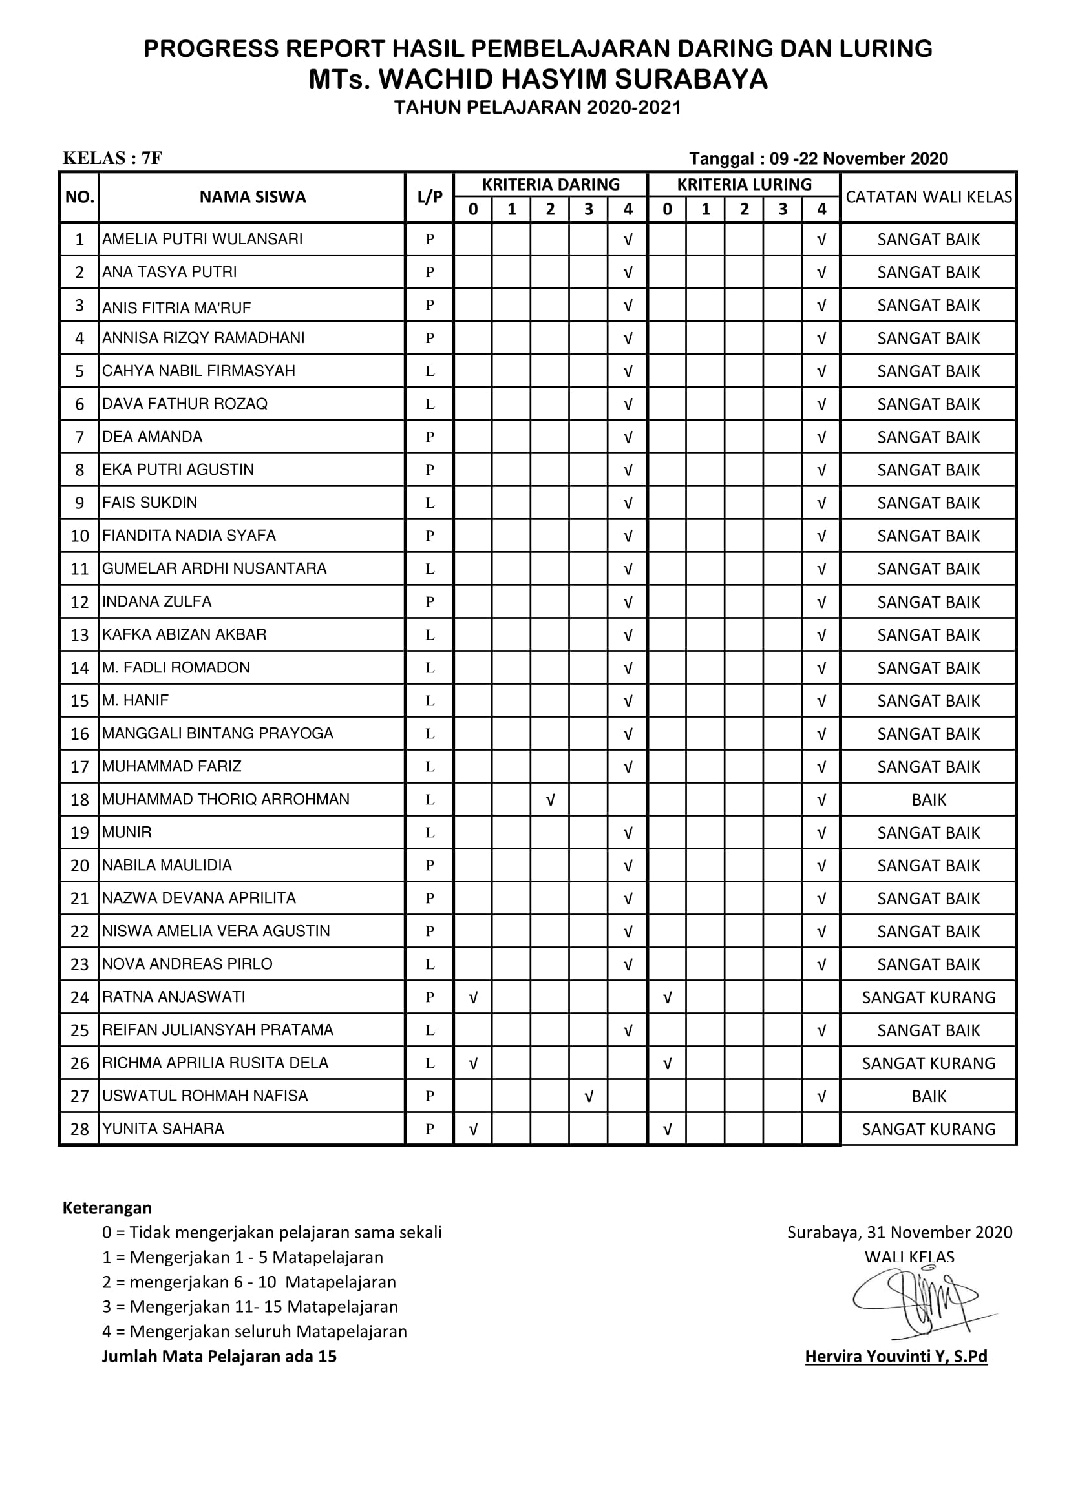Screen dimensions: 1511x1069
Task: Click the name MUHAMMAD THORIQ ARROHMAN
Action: [225, 799]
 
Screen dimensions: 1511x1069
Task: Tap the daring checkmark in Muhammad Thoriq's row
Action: [550, 800]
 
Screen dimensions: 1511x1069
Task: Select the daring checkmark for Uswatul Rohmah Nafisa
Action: [589, 1096]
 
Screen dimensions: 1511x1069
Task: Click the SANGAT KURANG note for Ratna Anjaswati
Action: [928, 997]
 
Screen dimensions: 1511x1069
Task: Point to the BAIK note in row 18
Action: [928, 800]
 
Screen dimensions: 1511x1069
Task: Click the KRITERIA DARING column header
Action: [550, 184]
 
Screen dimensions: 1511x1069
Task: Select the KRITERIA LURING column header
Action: [744, 184]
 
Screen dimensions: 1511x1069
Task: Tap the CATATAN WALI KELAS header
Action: [928, 197]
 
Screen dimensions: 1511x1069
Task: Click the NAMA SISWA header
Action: [252, 197]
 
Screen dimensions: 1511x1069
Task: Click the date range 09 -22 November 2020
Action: [858, 159]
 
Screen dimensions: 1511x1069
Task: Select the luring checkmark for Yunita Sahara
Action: [667, 1129]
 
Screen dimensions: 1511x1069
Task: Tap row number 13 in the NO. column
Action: [79, 635]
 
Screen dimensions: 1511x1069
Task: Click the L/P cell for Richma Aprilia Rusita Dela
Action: [429, 1063]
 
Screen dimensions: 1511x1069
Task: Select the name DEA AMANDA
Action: [152, 436]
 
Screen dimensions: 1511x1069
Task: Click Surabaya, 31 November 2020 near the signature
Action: [899, 1232]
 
